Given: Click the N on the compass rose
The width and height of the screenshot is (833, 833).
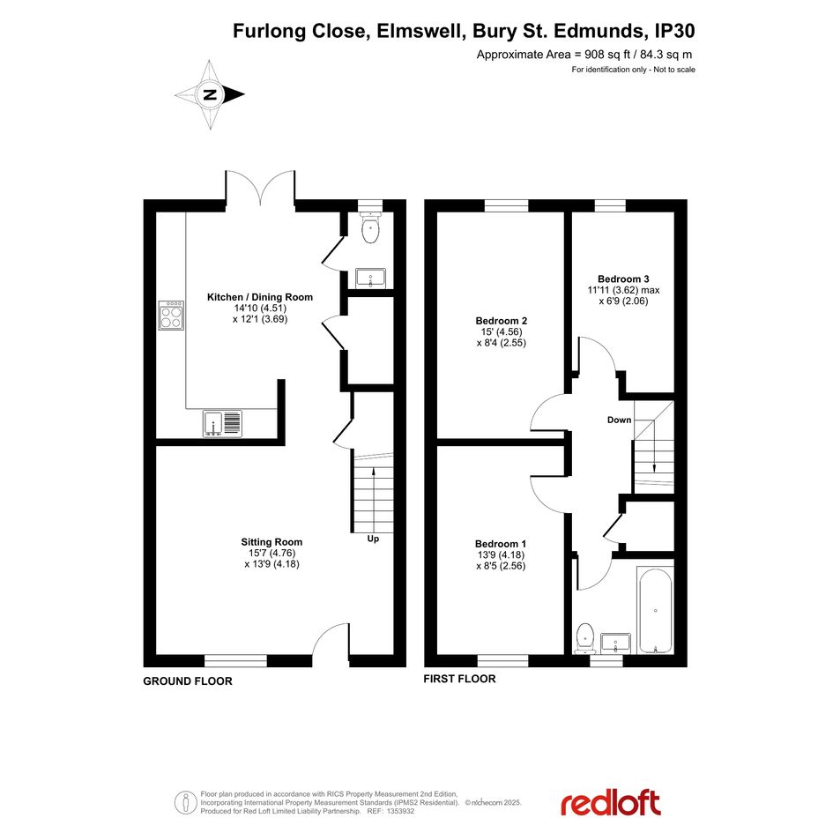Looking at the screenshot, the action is pyautogui.click(x=211, y=95).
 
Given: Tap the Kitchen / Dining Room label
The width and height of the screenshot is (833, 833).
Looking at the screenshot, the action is pyautogui.click(x=260, y=297).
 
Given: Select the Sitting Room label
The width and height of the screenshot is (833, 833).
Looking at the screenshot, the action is pyautogui.click(x=271, y=542).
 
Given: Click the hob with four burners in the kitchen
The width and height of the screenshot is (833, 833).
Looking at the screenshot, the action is pyautogui.click(x=171, y=316).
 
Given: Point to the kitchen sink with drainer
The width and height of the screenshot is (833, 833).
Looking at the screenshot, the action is pyautogui.click(x=222, y=424).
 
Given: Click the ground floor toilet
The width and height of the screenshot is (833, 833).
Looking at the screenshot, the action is pyautogui.click(x=369, y=227).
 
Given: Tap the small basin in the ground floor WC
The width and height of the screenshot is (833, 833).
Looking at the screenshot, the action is pyautogui.click(x=370, y=278).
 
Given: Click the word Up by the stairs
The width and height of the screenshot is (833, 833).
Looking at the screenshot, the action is pyautogui.click(x=373, y=539).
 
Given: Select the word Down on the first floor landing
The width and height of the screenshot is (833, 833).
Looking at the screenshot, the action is pyautogui.click(x=620, y=420).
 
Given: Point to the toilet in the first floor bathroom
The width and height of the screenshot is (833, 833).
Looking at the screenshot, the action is pyautogui.click(x=585, y=637).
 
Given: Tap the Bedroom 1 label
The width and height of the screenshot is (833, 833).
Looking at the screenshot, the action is pyautogui.click(x=501, y=544).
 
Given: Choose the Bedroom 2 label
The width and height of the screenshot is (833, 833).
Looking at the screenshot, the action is pyautogui.click(x=501, y=320).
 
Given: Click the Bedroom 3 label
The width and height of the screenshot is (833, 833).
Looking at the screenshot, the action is pyautogui.click(x=623, y=279).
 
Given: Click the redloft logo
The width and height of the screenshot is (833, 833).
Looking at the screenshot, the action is pyautogui.click(x=611, y=802).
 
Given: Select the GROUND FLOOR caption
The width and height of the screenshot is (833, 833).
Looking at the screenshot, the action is pyautogui.click(x=188, y=681).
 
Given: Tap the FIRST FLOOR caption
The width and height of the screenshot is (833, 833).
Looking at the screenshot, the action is pyautogui.click(x=459, y=679).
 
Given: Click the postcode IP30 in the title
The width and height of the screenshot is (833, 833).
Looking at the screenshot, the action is pyautogui.click(x=674, y=31).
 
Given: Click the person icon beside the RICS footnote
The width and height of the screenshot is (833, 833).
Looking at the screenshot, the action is pyautogui.click(x=185, y=803).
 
